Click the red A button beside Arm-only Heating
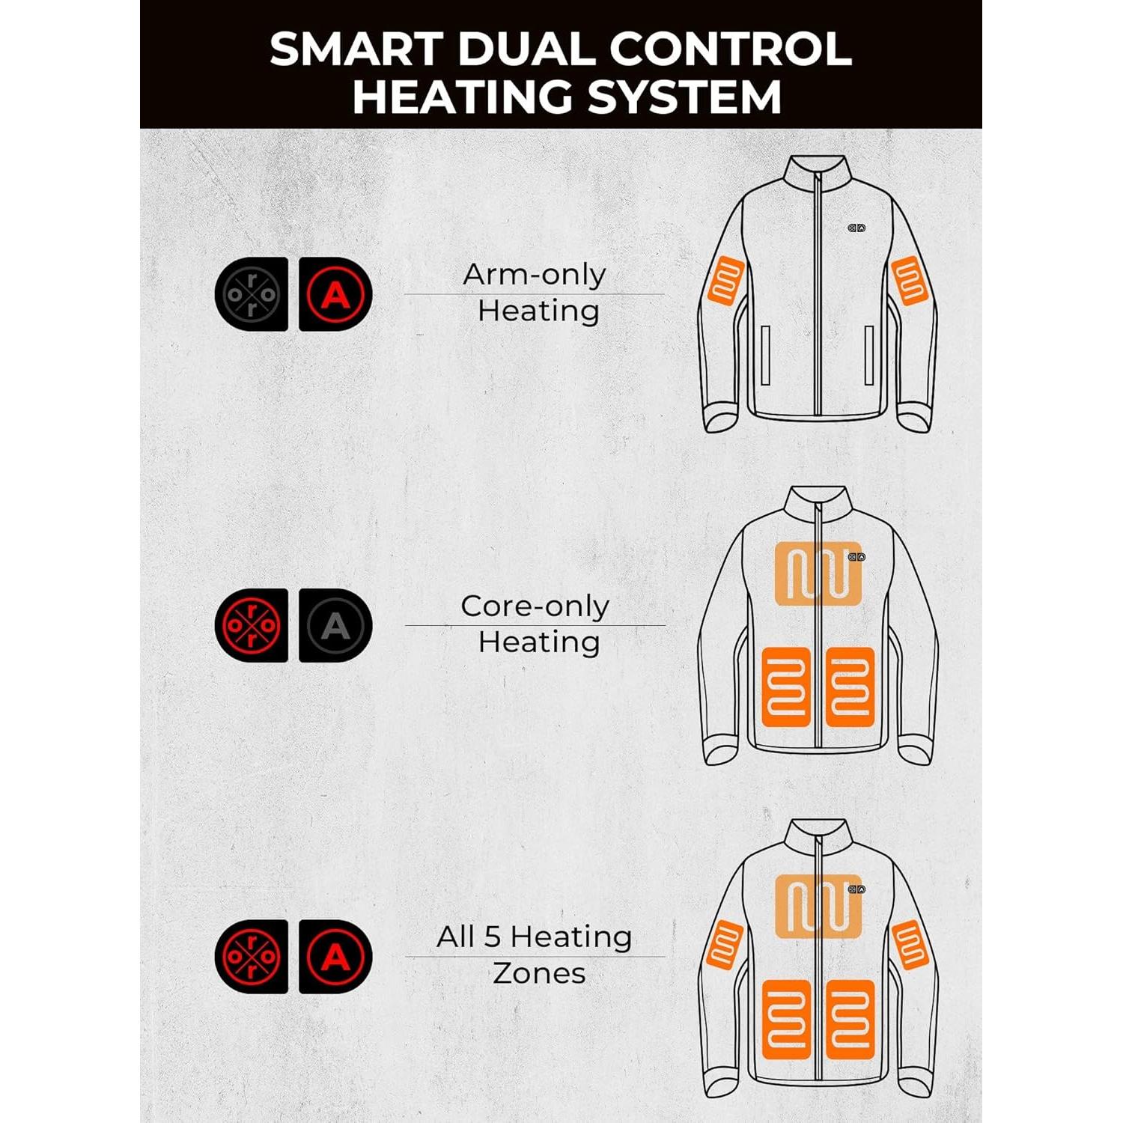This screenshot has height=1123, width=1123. [x=335, y=294]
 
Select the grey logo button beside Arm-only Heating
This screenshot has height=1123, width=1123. [x=252, y=294]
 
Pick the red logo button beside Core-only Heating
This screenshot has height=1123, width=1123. [x=252, y=625]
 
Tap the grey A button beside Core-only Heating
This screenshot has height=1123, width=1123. [x=335, y=625]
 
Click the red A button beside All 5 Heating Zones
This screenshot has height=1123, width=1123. [x=335, y=956]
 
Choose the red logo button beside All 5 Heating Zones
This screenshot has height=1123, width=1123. [x=252, y=956]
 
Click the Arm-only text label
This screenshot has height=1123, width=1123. [x=534, y=275]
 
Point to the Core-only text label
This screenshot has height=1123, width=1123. [x=535, y=606]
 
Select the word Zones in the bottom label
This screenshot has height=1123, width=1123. [x=539, y=973]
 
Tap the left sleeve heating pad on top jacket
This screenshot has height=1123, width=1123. [x=725, y=280]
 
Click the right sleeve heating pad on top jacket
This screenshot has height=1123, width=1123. [x=910, y=280]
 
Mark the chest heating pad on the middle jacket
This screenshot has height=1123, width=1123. [x=818, y=573]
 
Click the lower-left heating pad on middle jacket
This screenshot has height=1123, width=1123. [x=786, y=687]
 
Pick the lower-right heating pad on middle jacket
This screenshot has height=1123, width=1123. [x=850, y=687]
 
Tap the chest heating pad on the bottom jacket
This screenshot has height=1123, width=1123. [x=818, y=906]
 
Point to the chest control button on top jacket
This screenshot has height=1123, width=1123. [x=856, y=228]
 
